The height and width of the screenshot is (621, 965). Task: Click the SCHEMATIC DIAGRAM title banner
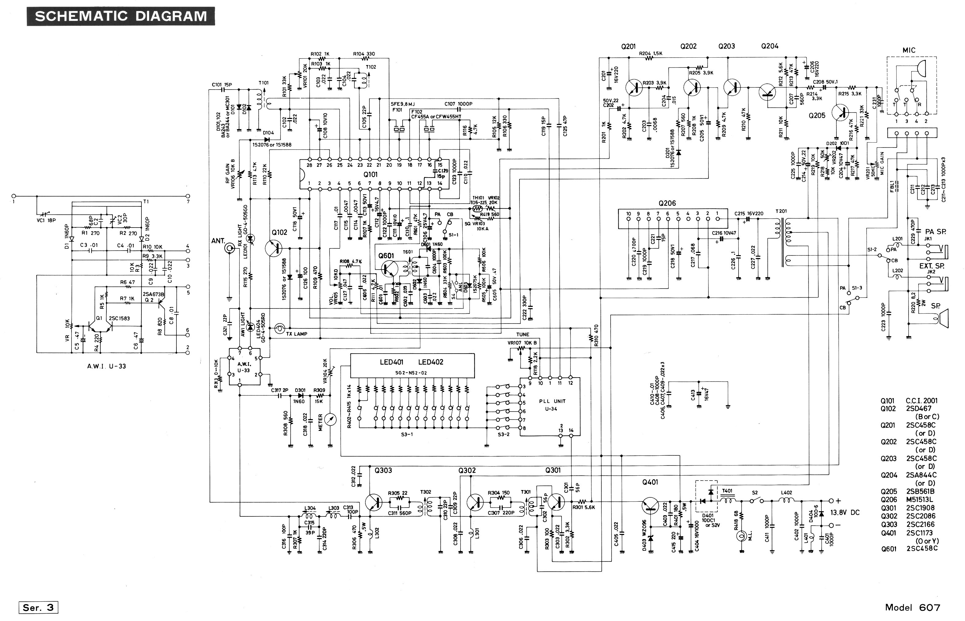pyautogui.click(x=121, y=16)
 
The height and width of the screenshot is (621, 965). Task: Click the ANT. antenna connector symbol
pyautogui.click(x=230, y=248)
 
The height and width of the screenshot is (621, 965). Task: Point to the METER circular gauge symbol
pyautogui.click(x=330, y=420)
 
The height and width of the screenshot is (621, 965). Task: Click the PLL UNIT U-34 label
pyautogui.click(x=552, y=405)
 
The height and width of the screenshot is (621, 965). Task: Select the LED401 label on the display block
pyautogui.click(x=391, y=362)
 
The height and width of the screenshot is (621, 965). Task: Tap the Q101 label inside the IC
pyautogui.click(x=370, y=174)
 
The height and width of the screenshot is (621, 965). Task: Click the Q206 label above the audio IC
pyautogui.click(x=667, y=203)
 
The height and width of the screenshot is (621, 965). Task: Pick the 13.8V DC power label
pyautogui.click(x=845, y=512)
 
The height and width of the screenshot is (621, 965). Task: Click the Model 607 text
pyautogui.click(x=913, y=607)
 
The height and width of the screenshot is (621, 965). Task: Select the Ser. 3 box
pyautogui.click(x=38, y=607)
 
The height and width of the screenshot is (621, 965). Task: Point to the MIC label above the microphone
pyautogui.click(x=909, y=50)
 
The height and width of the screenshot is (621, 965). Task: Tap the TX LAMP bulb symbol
pyautogui.click(x=279, y=329)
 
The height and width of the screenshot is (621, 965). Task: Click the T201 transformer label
pyautogui.click(x=781, y=211)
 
